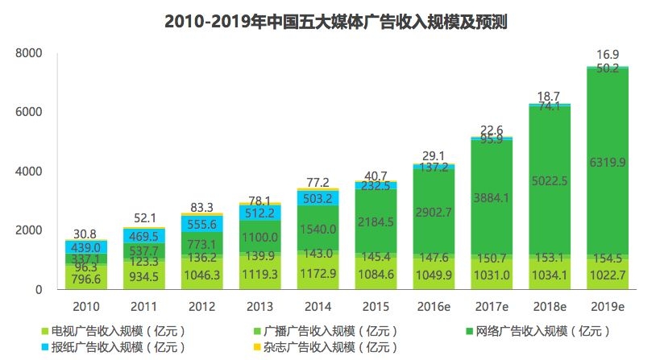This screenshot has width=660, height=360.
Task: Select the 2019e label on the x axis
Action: [x=608, y=307]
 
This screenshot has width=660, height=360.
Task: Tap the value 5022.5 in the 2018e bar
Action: [x=550, y=180]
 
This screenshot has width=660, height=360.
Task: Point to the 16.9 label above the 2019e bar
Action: [x=608, y=54]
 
